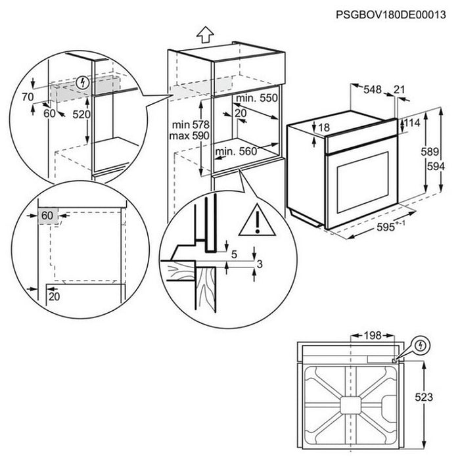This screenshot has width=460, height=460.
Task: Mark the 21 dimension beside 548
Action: coord(400,90)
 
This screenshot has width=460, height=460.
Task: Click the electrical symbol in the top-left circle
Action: coord(81,83)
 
